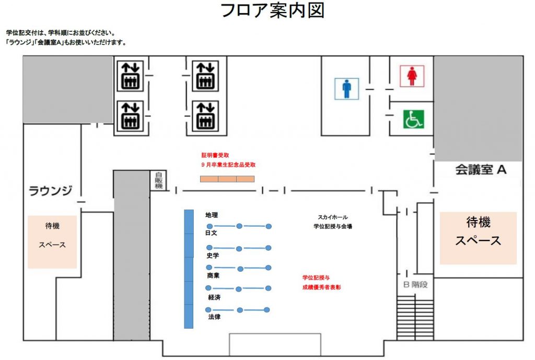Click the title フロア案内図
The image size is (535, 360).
[x=272, y=10]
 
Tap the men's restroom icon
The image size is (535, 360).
[x=346, y=89]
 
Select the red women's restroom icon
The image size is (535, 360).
[x=412, y=76]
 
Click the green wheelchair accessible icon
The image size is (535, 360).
[x=414, y=119]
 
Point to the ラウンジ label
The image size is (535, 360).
[x=51, y=190]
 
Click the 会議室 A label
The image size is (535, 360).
[x=481, y=170]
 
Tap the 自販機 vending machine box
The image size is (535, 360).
[x=159, y=180]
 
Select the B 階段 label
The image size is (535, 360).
[x=415, y=284]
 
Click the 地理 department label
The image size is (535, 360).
[x=212, y=215]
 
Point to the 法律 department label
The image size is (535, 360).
[x=214, y=317]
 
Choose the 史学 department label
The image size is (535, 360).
[x=213, y=256]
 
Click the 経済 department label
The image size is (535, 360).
[x=214, y=297]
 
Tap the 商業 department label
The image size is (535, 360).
[x=213, y=275]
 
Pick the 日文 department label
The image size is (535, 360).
[x=211, y=233]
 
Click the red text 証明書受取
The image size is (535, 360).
[x=215, y=155]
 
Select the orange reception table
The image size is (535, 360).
[x=227, y=179]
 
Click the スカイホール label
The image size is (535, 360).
[x=333, y=217]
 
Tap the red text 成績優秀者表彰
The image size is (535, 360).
[x=321, y=287]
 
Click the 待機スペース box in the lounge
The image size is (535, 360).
[x=52, y=242]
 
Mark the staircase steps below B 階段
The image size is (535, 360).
[x=415, y=318]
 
